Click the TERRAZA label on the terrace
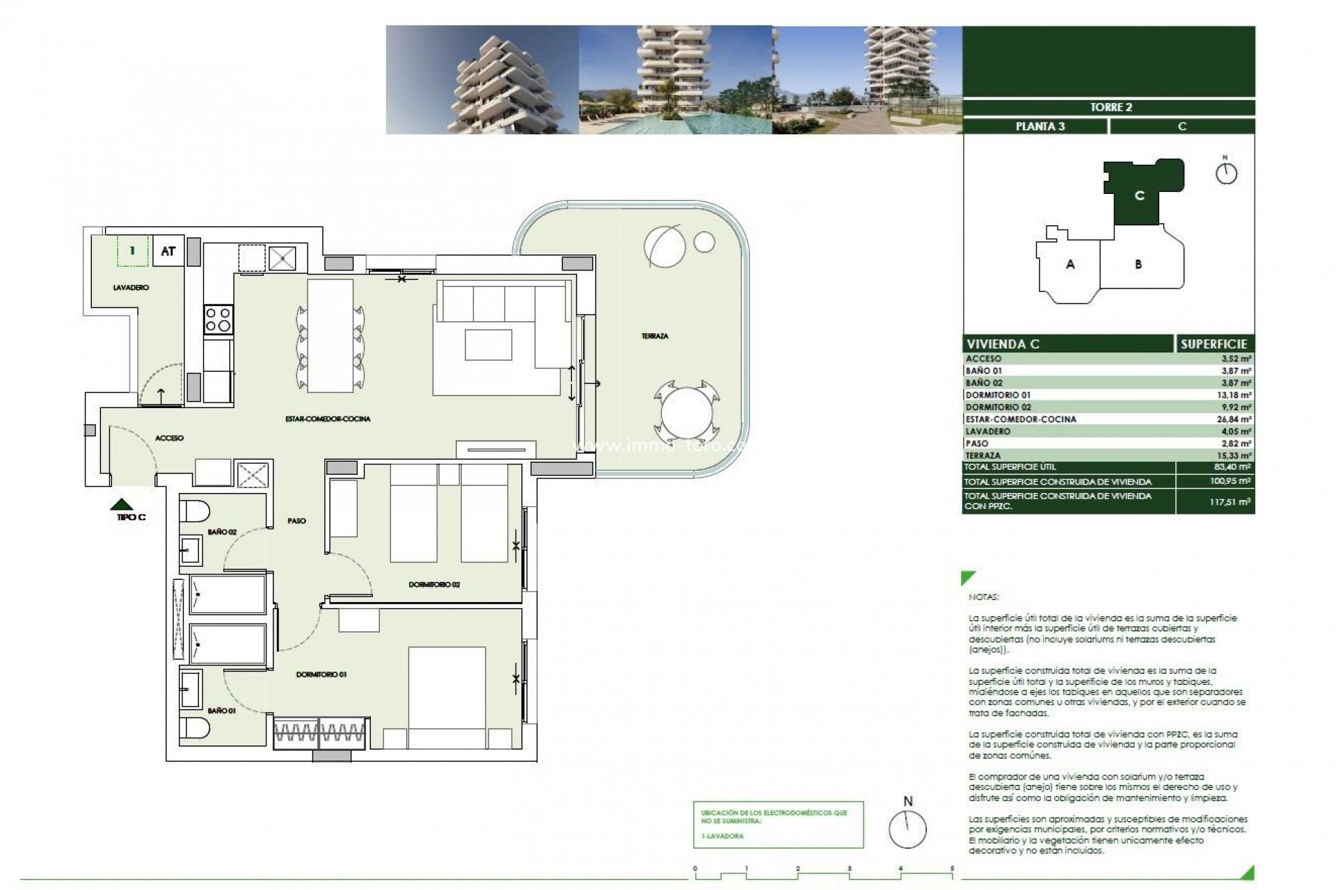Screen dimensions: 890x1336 click(654, 337)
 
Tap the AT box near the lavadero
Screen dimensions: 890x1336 click(168, 251)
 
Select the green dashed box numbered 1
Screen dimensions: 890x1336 click(133, 251)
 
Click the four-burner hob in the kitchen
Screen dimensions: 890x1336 click(218, 320)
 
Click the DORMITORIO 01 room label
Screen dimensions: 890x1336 click(321, 674)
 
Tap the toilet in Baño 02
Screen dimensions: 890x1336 click(194, 512)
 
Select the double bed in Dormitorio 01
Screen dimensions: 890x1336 click(446, 697)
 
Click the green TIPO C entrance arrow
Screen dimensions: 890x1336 click(122, 505)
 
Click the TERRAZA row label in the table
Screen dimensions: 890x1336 click(983, 455)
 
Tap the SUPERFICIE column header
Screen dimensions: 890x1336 click(1214, 344)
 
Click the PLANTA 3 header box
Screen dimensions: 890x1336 click(1040, 127)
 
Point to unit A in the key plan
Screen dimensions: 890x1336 click(1070, 264)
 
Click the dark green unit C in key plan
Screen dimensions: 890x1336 click(1139, 196)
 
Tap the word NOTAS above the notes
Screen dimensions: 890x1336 click(983, 597)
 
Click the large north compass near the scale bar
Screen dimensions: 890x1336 click(907, 830)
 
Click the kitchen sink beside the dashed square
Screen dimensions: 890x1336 click(284, 259)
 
